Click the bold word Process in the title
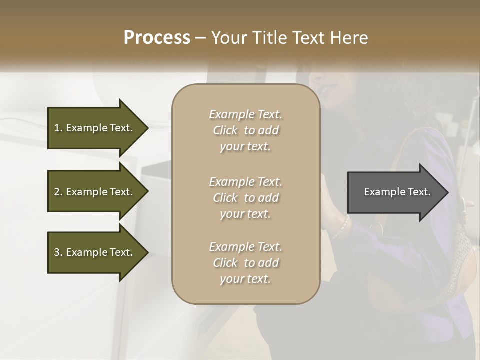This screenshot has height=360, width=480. tap(157, 38)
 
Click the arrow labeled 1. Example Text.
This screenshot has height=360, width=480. tap(95, 128)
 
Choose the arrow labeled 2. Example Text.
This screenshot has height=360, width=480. tap(95, 192)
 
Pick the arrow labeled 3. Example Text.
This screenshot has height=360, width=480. tap(95, 252)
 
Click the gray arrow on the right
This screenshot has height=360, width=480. tap(395, 192)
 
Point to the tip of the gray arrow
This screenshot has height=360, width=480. tap(447, 192)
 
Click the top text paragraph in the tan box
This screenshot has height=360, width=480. tap(245, 130)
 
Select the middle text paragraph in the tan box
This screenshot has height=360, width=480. tap(245, 198)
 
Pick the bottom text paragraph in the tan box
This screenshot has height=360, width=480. tap(245, 263)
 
